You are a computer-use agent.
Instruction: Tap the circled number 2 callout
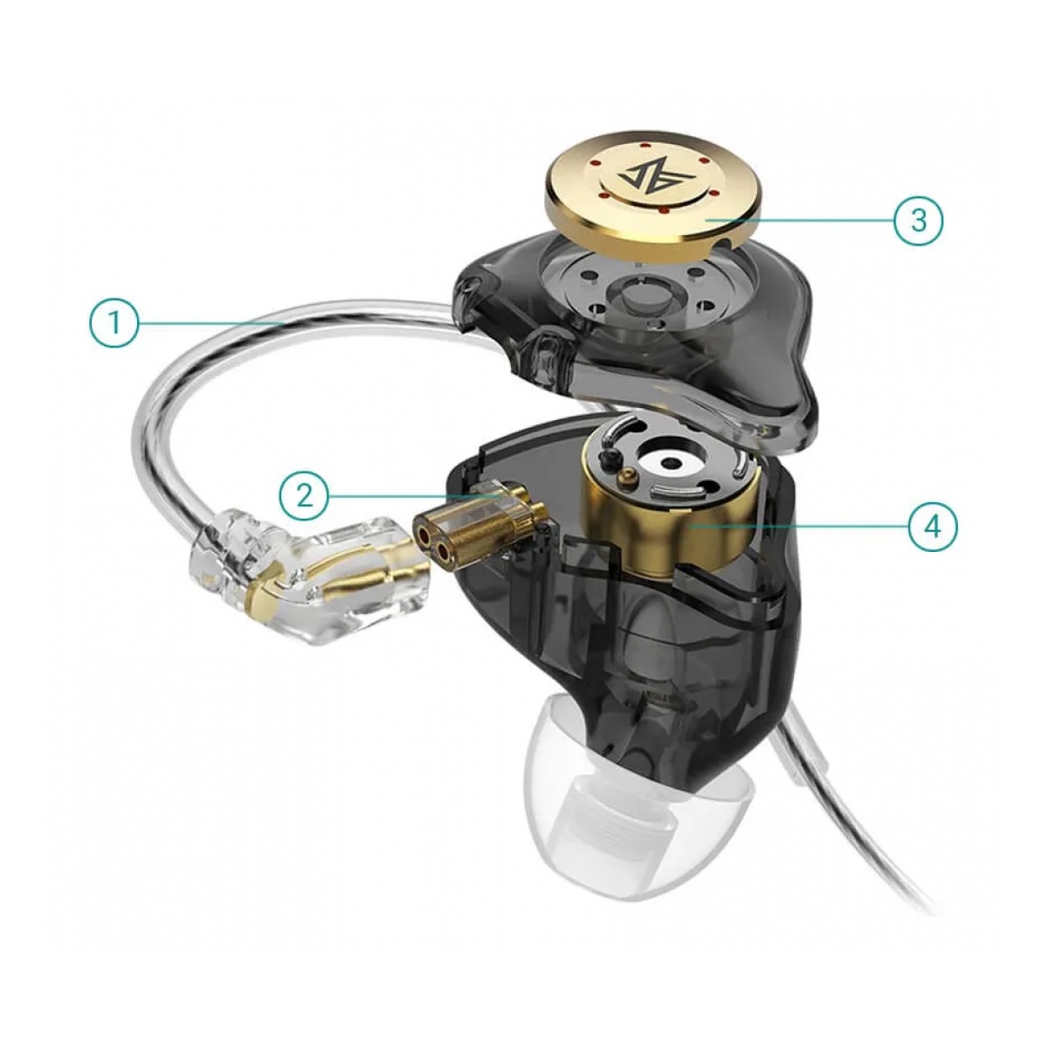click(305, 495)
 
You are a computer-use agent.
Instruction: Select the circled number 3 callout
click(919, 220)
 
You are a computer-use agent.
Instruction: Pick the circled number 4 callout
click(934, 526)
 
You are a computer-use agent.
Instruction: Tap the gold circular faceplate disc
click(645, 195)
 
